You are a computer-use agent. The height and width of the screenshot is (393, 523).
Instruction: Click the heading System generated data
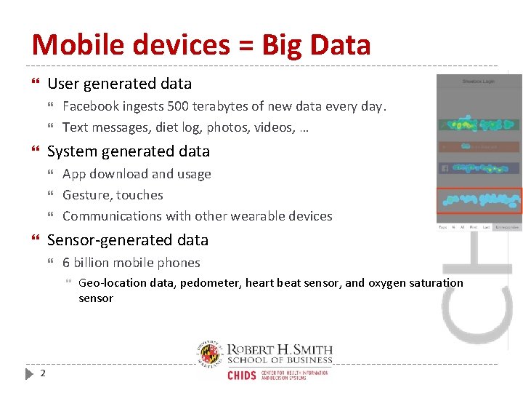pos(128,151)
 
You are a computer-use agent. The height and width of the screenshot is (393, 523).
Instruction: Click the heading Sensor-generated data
pos(127,240)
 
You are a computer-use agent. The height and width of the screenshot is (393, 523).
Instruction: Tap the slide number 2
pos(43,373)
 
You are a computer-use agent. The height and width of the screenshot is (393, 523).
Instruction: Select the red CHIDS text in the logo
pos(242,375)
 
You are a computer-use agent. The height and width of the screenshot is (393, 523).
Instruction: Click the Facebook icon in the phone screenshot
pos(443,168)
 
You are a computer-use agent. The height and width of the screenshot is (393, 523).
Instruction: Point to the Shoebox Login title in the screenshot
pos(479,81)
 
